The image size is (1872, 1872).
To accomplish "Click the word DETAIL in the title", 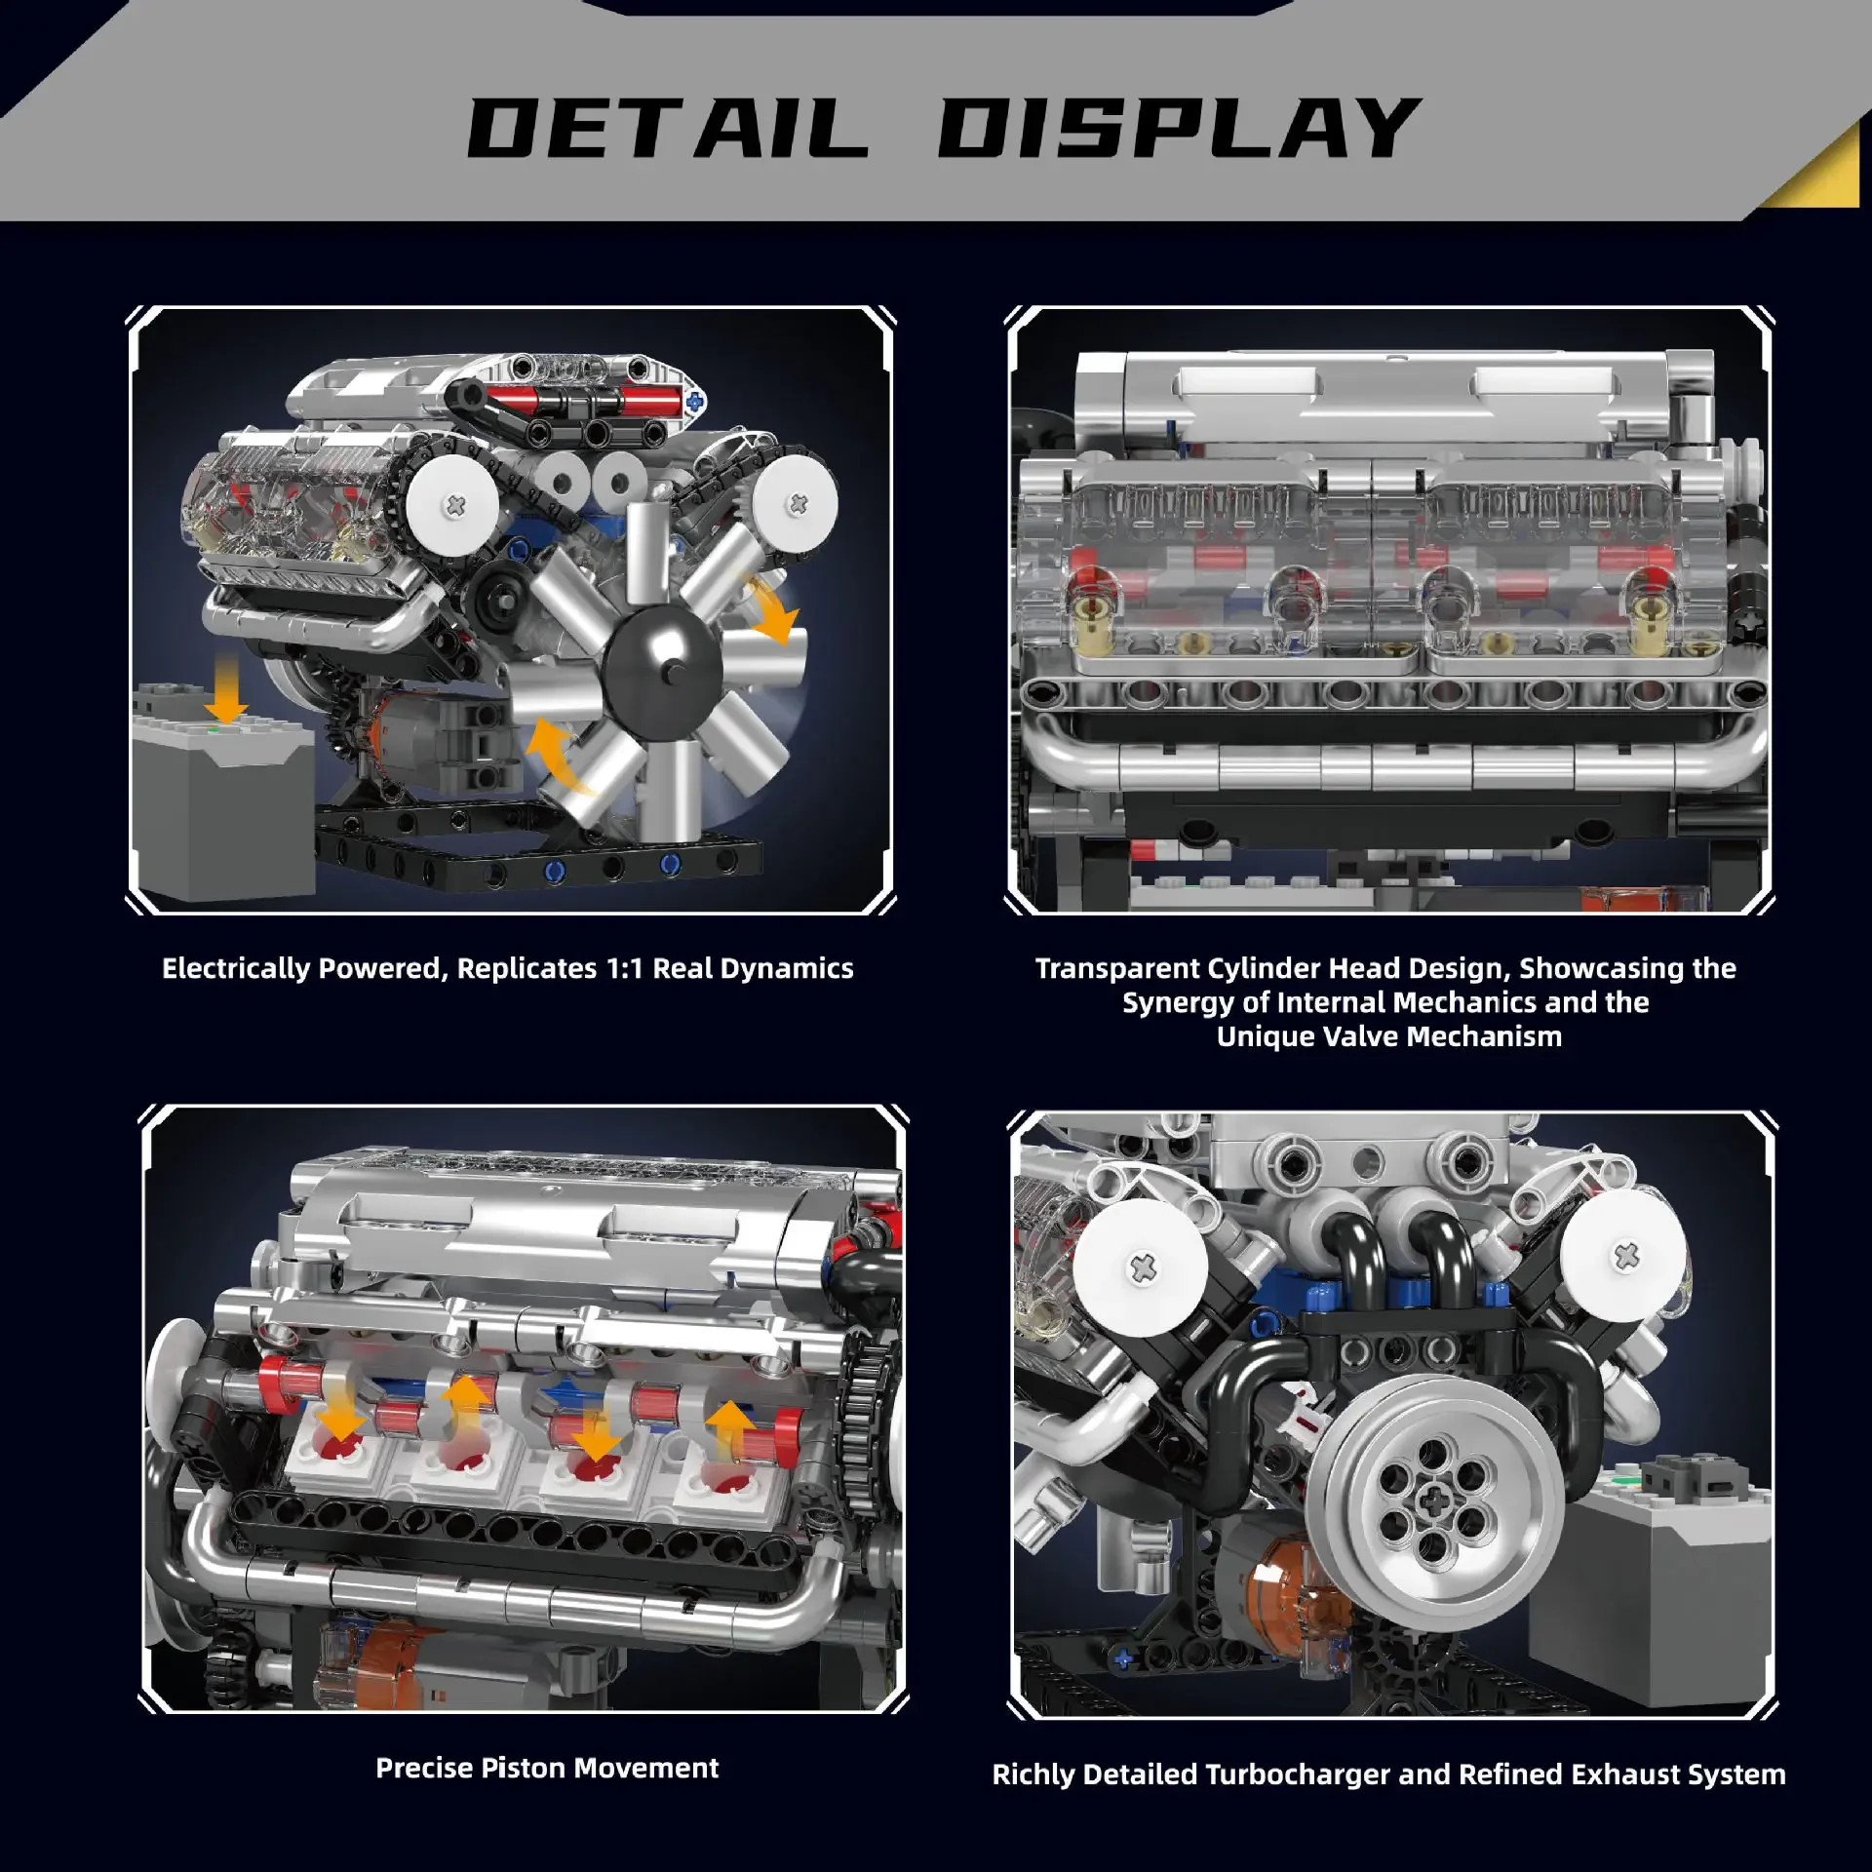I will point(668,129).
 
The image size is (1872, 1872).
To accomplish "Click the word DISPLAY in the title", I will point(1177,129).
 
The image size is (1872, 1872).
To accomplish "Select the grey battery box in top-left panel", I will point(222,799).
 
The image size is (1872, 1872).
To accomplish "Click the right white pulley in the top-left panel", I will point(797,502).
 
